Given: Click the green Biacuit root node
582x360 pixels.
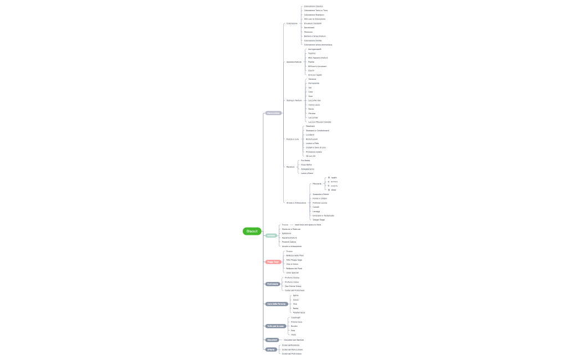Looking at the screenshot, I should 252,231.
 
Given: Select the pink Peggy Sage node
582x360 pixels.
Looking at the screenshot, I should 273,261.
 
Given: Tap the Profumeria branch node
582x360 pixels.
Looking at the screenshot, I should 273,284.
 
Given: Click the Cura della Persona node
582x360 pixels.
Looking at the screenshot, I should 276,304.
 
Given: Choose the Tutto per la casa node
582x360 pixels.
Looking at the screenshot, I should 275,326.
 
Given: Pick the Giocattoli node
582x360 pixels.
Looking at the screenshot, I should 272,340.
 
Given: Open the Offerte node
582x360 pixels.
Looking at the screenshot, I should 271,349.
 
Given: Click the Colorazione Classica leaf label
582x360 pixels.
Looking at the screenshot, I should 313,6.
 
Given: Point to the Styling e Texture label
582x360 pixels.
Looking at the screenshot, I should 294,100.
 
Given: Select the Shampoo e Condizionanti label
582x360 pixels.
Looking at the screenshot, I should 317,131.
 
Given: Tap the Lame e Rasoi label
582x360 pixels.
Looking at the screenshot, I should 307,173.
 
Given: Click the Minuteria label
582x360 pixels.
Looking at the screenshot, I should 316,183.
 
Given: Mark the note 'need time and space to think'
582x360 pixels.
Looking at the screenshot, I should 308,224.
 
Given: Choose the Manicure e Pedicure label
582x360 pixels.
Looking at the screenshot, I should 291,229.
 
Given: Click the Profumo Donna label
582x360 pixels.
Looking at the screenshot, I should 292,277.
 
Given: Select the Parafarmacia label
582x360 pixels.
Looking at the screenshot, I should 299,312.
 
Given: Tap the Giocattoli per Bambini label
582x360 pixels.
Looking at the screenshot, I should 293,340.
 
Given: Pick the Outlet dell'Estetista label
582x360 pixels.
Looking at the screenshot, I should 290,345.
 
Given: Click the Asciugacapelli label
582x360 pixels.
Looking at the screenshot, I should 314,49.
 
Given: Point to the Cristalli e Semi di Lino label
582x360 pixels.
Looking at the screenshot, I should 315,147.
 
